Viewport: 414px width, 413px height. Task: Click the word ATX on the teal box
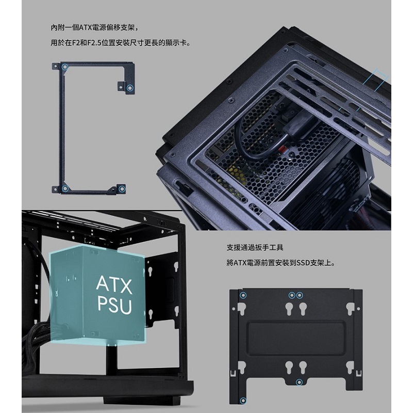tap(114, 284)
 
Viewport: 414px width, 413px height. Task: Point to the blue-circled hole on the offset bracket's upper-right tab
tap(129, 88)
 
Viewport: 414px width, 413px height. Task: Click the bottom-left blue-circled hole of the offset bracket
tap(64, 189)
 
